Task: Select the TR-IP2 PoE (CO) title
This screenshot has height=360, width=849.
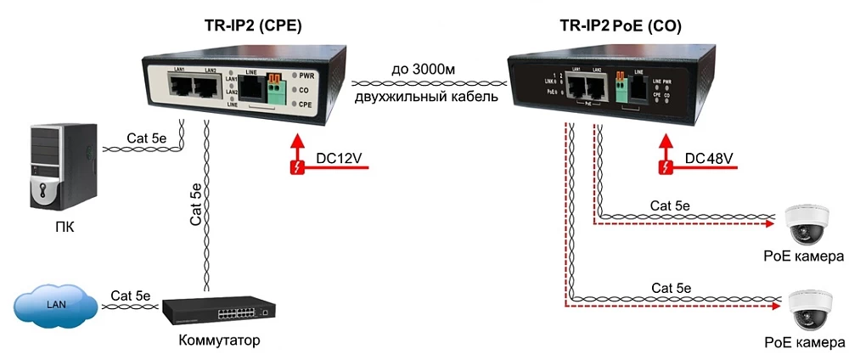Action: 621,26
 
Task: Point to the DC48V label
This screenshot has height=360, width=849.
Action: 708,158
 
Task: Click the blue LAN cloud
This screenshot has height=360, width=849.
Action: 54,306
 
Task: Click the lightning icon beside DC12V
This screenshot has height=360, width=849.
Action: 297,166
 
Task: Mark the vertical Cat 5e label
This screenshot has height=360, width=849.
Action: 196,204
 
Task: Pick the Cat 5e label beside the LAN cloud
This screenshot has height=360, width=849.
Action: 129,295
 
